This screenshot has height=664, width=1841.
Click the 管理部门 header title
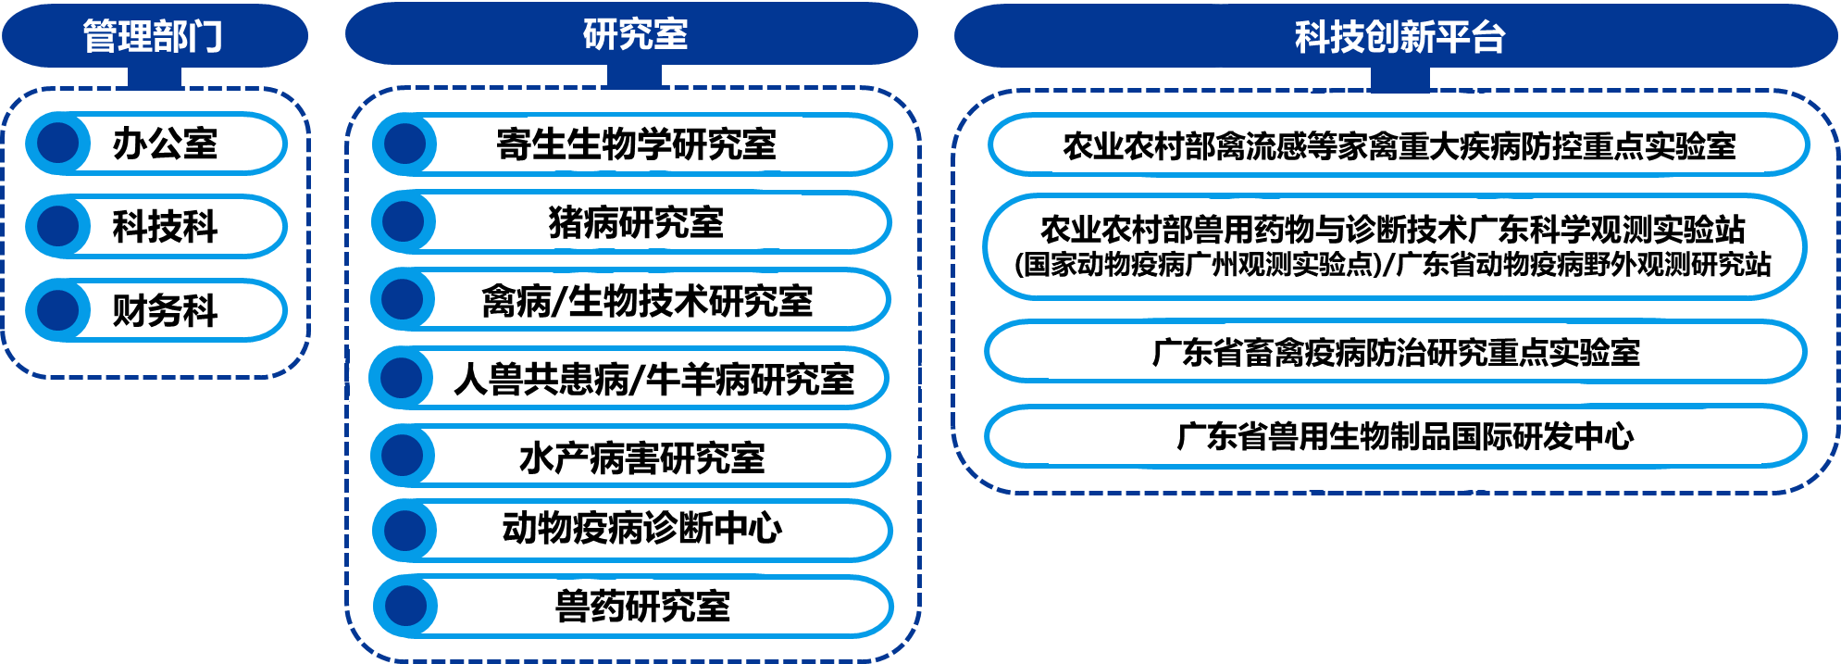(153, 37)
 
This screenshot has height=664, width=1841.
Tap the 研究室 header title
(635, 34)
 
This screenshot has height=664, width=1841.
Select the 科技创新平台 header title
(1399, 37)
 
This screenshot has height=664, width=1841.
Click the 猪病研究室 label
(636, 222)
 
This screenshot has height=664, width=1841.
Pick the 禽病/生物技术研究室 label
(647, 301)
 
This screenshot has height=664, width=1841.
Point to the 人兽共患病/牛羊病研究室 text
(653, 380)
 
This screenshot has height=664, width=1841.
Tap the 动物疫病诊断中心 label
(652, 529)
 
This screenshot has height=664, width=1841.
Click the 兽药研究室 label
(642, 607)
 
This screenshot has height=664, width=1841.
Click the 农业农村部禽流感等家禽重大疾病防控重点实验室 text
(1399, 146)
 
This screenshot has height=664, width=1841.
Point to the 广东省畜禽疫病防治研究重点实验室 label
(1396, 353)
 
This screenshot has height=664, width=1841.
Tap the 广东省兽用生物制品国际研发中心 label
(1405, 436)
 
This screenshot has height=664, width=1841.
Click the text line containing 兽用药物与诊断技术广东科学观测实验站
(1398, 228)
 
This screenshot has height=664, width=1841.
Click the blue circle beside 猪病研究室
(404, 222)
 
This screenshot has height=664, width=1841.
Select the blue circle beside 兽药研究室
(404, 607)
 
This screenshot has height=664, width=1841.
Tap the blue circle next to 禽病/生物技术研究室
(403, 299)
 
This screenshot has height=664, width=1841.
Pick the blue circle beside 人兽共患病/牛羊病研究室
(401, 378)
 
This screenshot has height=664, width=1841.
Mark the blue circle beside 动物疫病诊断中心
(404, 531)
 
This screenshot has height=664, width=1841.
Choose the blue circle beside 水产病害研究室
(403, 456)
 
